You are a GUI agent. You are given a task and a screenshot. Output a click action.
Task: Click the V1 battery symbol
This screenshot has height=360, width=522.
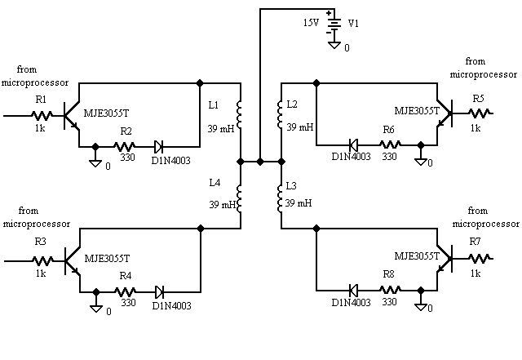point(333,24)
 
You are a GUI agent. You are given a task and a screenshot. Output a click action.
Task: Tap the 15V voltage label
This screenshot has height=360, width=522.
point(312,23)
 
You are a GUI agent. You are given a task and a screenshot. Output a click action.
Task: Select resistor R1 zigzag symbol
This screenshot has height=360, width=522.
point(41,116)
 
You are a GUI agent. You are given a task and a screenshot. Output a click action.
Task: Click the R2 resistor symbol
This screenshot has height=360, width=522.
point(126,147)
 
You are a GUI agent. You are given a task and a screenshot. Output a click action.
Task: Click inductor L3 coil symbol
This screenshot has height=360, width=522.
point(281,197)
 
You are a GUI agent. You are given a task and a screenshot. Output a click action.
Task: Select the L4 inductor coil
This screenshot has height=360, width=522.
point(241,197)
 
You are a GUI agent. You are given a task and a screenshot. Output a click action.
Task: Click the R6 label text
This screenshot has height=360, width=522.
point(389,131)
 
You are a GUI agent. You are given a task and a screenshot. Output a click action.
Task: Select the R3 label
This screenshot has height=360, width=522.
point(41,243)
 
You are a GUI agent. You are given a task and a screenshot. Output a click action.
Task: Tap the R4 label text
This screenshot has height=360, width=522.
point(126,276)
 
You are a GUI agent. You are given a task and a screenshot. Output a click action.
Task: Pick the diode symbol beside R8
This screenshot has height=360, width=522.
point(354,290)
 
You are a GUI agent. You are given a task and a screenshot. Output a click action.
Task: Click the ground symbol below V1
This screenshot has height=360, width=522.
point(333,43)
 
